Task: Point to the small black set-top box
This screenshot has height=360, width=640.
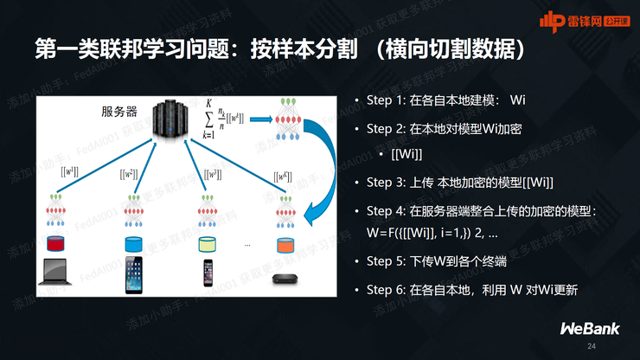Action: [x=283, y=279]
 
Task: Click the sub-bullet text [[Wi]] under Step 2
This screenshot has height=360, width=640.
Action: [x=406, y=154]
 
